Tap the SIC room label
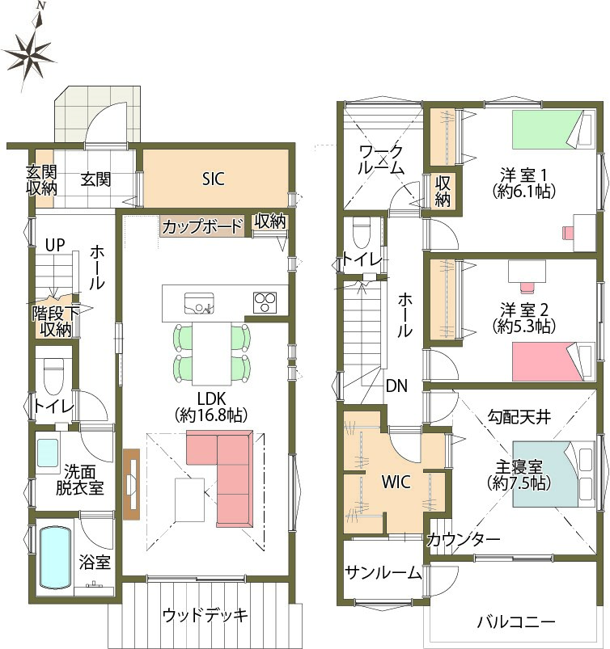[x=214, y=179]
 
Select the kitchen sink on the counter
[x=199, y=303]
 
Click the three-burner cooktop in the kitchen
[x=265, y=302]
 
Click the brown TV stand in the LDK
[x=132, y=484]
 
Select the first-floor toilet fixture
[x=53, y=375]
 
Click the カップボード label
[x=201, y=226]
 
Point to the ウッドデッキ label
[x=205, y=616]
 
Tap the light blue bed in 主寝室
[x=554, y=474]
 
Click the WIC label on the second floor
[x=396, y=482]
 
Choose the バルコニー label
[x=516, y=622]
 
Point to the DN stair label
[x=396, y=386]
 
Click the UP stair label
[x=55, y=245]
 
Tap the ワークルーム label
[x=381, y=160]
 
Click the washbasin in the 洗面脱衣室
[x=48, y=453]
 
